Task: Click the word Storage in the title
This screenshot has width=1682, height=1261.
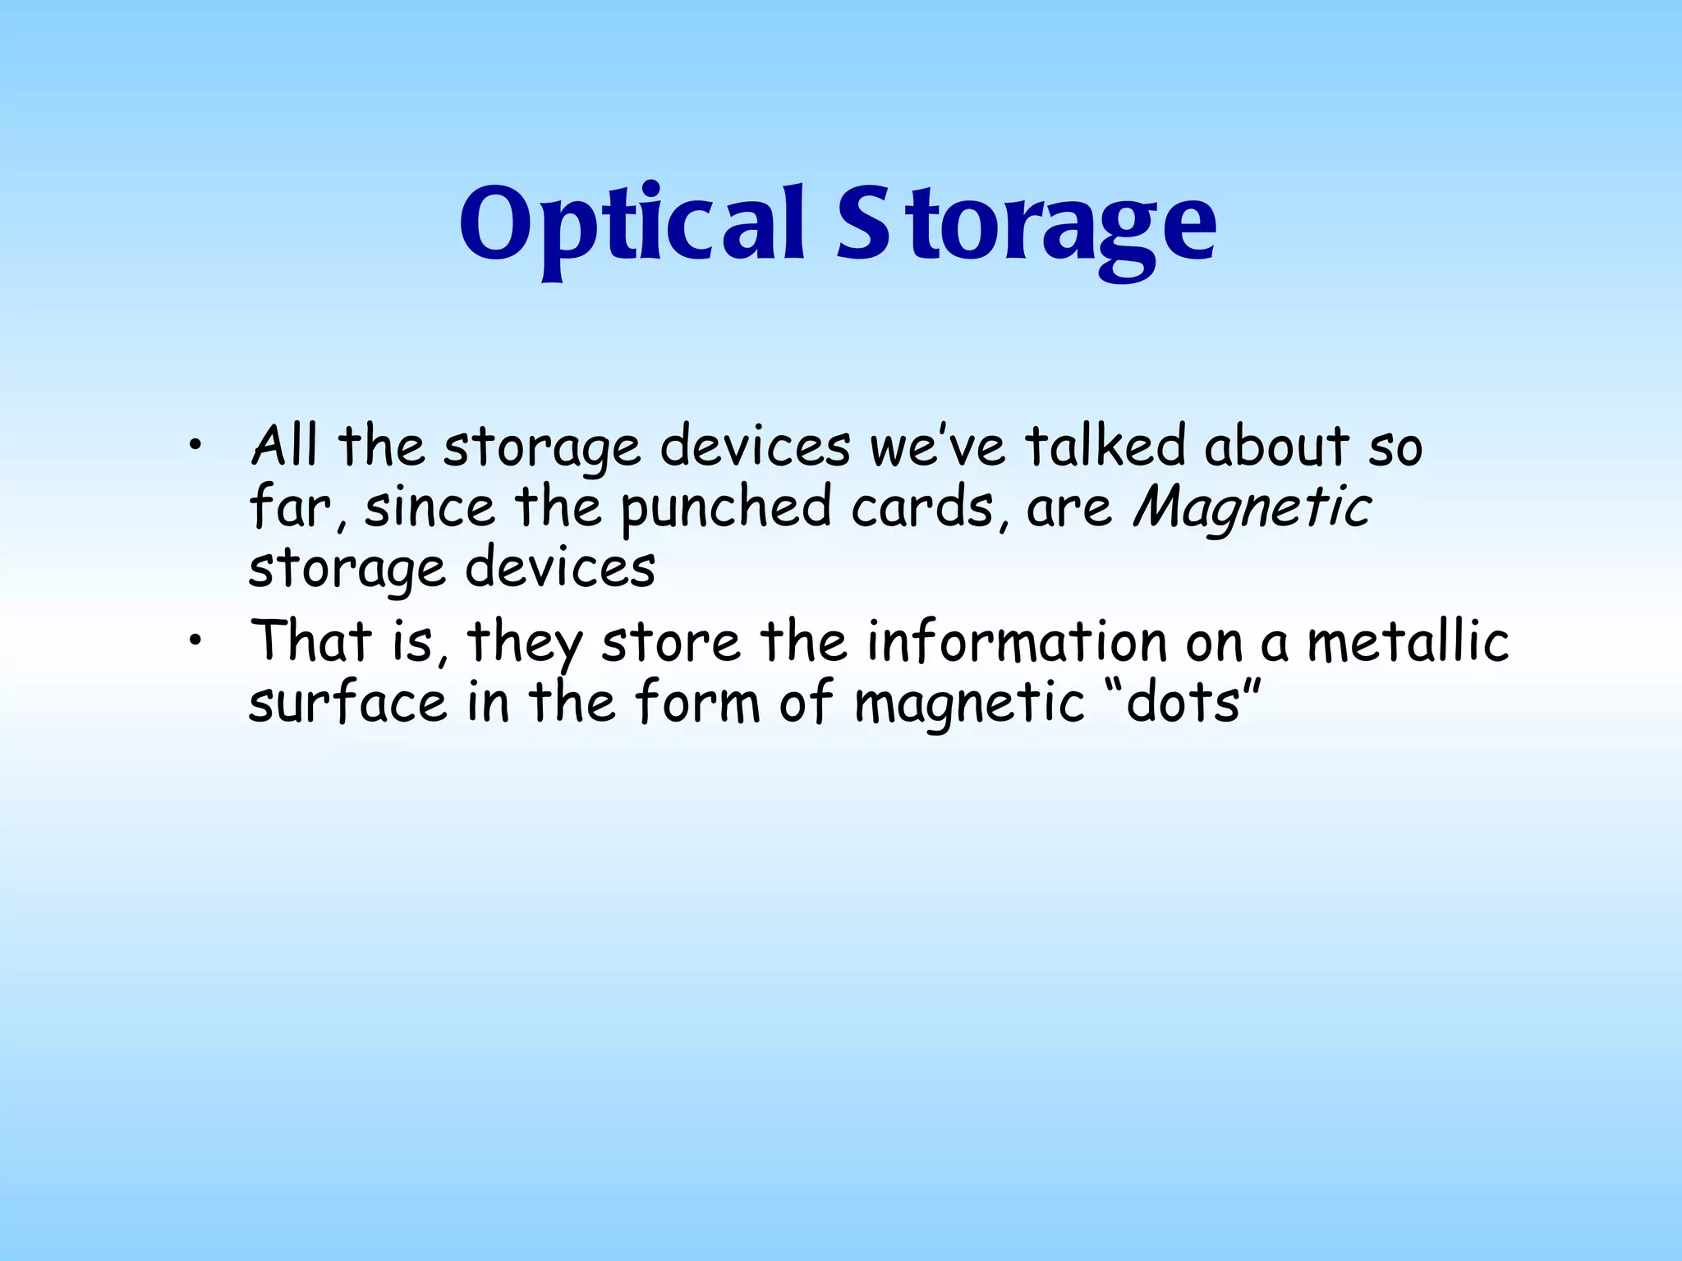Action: pyautogui.click(x=1027, y=225)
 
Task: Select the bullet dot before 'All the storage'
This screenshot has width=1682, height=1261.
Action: pyautogui.click(x=194, y=447)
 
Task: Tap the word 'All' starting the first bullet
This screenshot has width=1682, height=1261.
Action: pyautogui.click(x=284, y=447)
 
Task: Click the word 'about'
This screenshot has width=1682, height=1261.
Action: pyautogui.click(x=1276, y=447)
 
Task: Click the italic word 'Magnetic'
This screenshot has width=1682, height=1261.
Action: pyautogui.click(x=1252, y=508)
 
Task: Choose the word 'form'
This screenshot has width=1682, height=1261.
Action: pyautogui.click(x=697, y=704)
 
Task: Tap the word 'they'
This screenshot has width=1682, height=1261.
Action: pyautogui.click(x=525, y=643)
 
